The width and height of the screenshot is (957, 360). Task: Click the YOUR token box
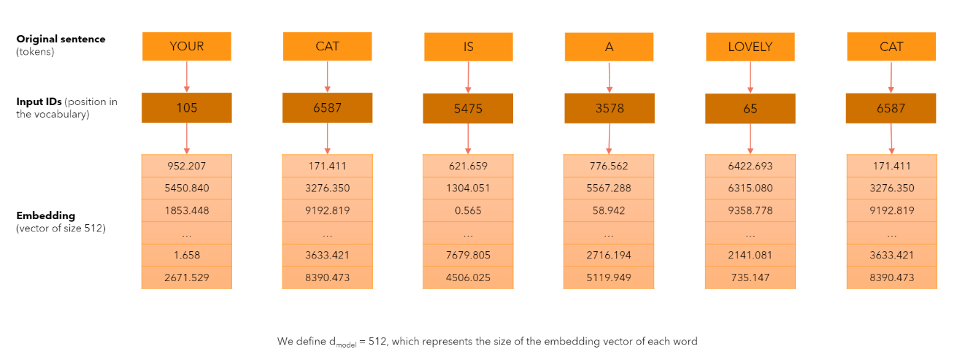click(x=186, y=47)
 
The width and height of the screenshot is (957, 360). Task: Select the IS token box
click(x=468, y=47)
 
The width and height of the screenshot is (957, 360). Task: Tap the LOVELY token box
click(x=750, y=47)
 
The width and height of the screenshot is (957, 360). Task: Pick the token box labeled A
click(x=609, y=47)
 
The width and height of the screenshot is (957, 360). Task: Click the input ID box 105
click(x=186, y=108)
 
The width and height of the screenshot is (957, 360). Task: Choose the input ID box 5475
click(x=468, y=109)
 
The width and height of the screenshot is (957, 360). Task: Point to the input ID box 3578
click(x=609, y=109)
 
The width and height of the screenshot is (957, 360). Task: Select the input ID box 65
click(x=750, y=109)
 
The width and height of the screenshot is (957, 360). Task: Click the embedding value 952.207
click(x=186, y=166)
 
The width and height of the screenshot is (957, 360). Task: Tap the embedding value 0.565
click(x=468, y=211)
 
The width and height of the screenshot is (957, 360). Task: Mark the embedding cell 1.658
click(x=186, y=256)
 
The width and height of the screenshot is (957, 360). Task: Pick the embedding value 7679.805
click(x=468, y=256)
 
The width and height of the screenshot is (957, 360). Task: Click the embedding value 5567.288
click(x=609, y=188)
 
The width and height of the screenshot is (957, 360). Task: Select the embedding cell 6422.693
click(x=750, y=166)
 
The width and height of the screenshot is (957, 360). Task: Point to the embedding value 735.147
click(x=750, y=277)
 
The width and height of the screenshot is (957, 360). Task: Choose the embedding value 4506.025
click(x=468, y=277)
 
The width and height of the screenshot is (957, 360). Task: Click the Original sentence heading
click(x=61, y=39)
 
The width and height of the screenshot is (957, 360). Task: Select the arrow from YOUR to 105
click(x=187, y=77)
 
